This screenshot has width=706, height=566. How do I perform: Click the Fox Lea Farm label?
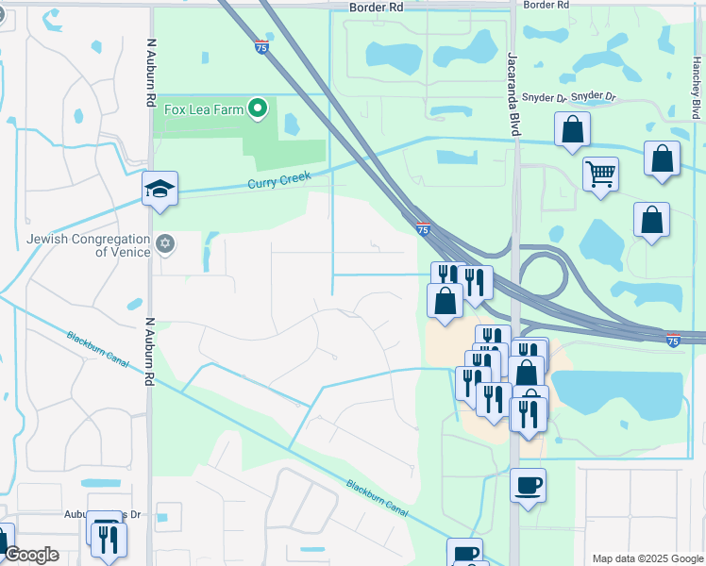[204, 109]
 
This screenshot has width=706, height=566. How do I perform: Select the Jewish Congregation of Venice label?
[89, 245]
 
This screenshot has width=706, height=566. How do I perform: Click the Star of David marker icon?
[166, 245]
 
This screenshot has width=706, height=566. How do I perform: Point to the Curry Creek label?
[278, 179]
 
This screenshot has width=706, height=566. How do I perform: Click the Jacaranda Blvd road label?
[515, 94]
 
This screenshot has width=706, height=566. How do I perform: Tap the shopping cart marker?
[600, 175]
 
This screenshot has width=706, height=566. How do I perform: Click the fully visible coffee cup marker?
[528, 486]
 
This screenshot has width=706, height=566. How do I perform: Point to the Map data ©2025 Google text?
[647, 558]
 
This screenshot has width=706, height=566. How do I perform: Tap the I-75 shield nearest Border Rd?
[261, 45]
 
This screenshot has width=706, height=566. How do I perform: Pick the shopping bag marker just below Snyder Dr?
[572, 130]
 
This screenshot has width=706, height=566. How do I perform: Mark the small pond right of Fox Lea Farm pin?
[291, 124]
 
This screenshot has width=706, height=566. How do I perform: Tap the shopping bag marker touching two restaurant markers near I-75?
[445, 301]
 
